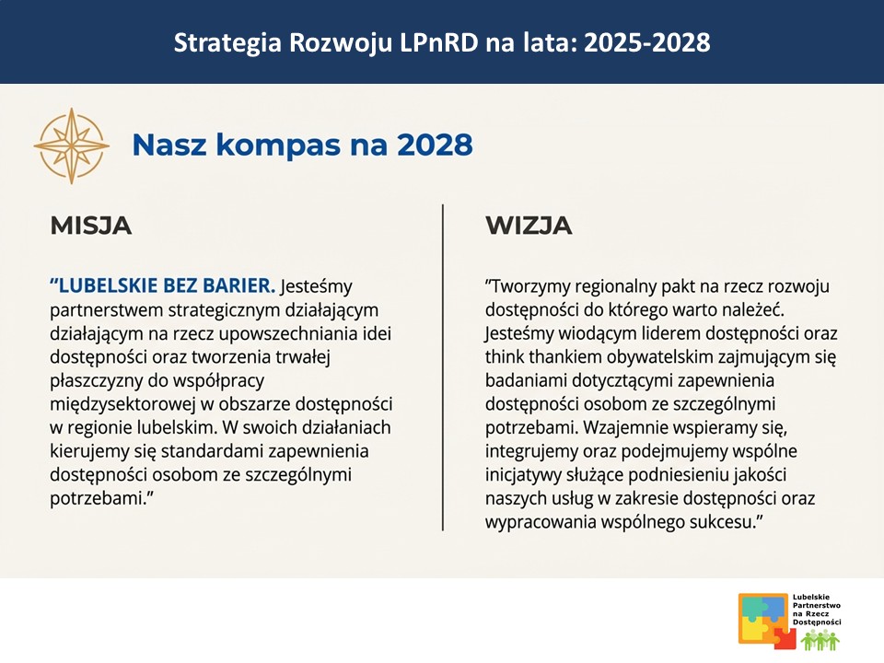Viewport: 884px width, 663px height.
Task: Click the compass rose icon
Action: point(71,145)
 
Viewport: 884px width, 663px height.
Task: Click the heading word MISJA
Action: point(90,226)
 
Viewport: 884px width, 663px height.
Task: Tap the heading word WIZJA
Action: point(529,226)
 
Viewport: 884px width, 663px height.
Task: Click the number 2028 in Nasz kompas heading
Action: point(436,145)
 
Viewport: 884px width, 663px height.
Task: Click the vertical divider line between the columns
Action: point(443,368)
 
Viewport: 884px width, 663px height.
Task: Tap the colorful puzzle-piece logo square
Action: point(763,619)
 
